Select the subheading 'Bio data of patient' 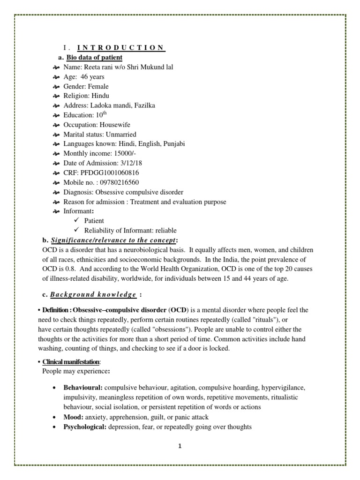tap(94, 57)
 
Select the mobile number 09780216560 tap(116, 182)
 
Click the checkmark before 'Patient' tap(77, 220)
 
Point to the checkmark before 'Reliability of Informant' tap(77, 230)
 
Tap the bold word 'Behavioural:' tap(83, 388)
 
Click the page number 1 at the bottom tap(180, 446)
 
